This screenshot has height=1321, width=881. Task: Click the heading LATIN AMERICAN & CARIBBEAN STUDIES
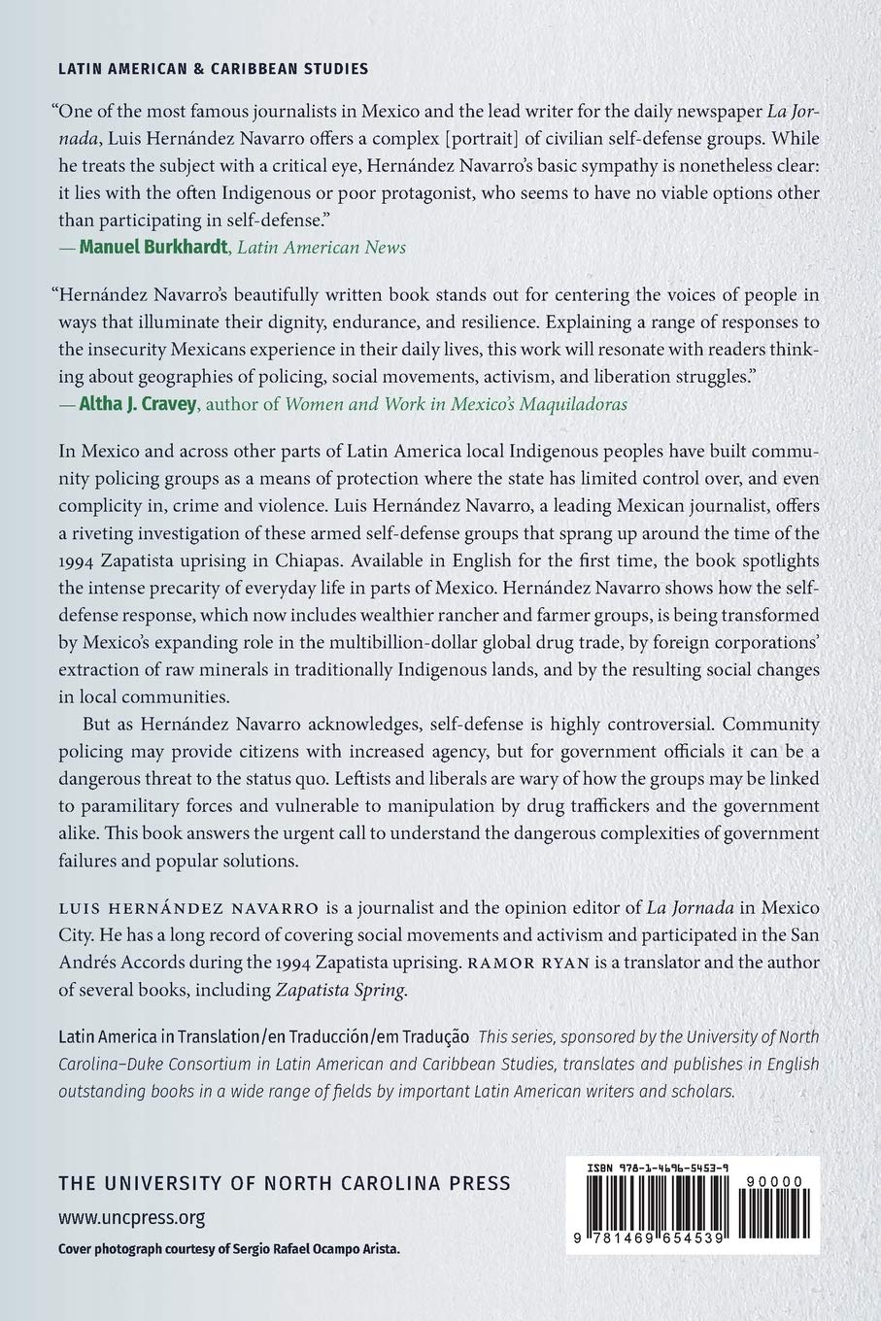(x=213, y=69)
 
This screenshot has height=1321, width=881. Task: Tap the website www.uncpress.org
(x=131, y=1217)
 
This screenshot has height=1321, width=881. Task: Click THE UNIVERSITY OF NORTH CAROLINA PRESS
(x=284, y=1183)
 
